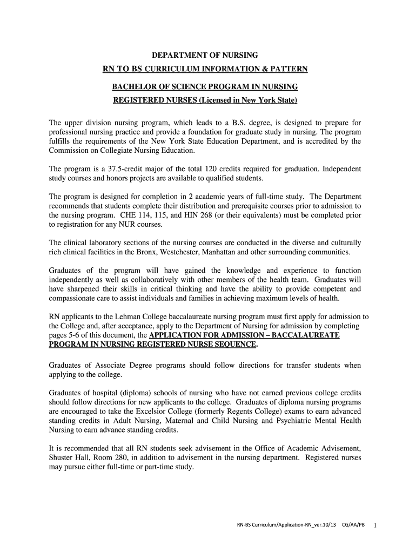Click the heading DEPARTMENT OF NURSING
(205, 55)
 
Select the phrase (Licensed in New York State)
(248, 100)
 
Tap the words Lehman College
(132, 317)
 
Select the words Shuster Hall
(67, 458)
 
